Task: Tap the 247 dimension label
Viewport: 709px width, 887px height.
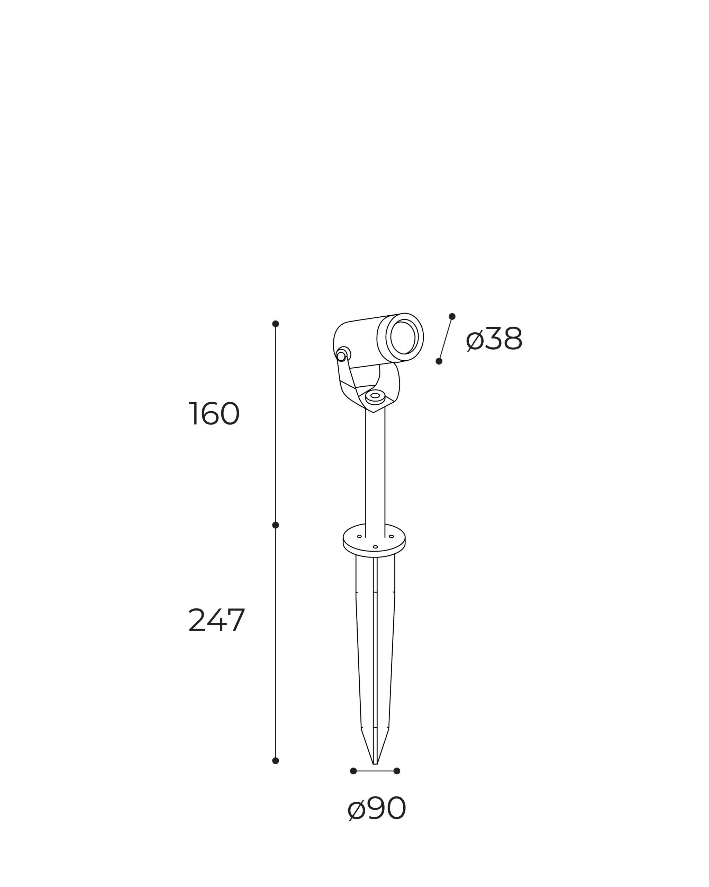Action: pyautogui.click(x=217, y=620)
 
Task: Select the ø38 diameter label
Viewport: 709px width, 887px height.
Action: pyautogui.click(x=494, y=339)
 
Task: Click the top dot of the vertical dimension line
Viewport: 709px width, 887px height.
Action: pyautogui.click(x=275, y=324)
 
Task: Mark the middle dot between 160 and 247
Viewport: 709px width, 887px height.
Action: pyautogui.click(x=275, y=525)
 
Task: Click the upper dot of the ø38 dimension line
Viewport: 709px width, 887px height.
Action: pyautogui.click(x=452, y=316)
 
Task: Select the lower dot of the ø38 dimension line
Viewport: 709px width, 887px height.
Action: pyautogui.click(x=439, y=361)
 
